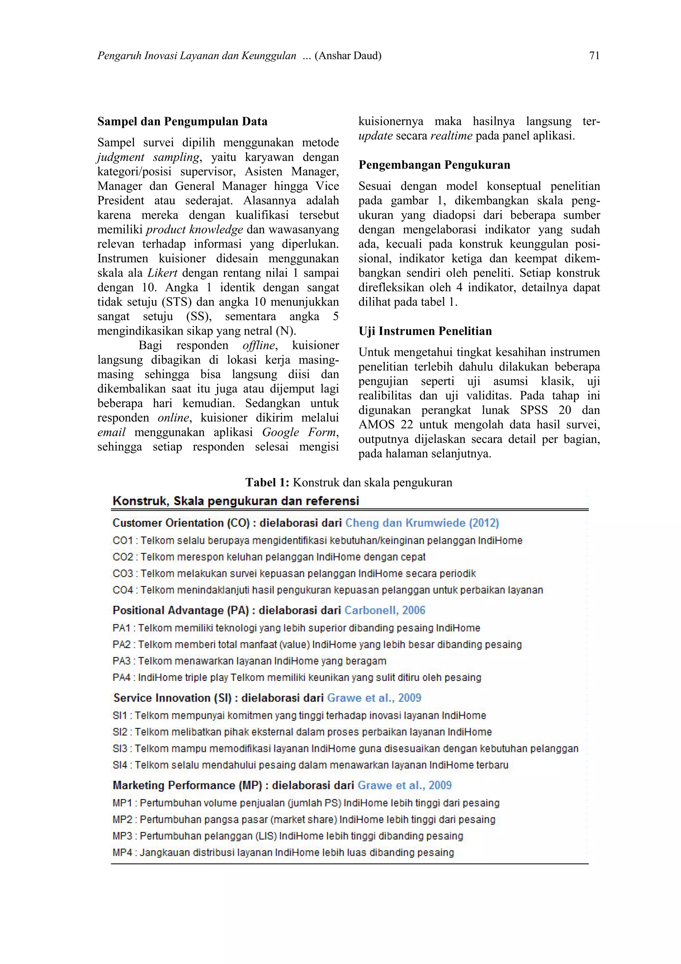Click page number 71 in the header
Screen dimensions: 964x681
click(594, 56)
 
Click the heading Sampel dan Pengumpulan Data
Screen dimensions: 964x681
click(182, 121)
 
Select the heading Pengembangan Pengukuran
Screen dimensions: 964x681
click(434, 165)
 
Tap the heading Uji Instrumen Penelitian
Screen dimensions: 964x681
click(425, 331)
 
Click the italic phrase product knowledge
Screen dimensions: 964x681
click(194, 229)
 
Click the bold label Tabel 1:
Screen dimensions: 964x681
click(267, 482)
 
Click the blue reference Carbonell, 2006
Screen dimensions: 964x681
click(385, 610)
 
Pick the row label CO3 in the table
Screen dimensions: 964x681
click(122, 573)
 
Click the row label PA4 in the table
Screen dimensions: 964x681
click(122, 677)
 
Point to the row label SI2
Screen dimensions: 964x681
click(120, 732)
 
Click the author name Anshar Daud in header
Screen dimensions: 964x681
click(348, 56)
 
